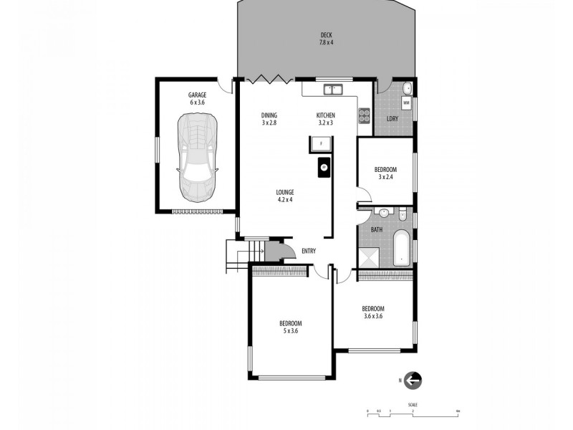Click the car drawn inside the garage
tap(197, 158)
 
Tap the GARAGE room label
tap(197, 99)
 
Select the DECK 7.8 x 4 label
tap(327, 39)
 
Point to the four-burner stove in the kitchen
tap(364, 115)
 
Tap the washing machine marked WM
tap(406, 104)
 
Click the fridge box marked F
tap(322, 145)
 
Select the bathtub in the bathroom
tap(402, 248)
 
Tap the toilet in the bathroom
tap(403, 214)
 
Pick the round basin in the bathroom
tap(385, 213)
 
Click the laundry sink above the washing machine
tap(406, 89)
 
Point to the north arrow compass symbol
tap(413, 381)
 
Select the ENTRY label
tap(309, 251)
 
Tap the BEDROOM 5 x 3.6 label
tap(290, 327)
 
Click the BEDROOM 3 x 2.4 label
tap(385, 173)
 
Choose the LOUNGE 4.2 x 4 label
tap(286, 195)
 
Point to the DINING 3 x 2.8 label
tap(269, 119)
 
